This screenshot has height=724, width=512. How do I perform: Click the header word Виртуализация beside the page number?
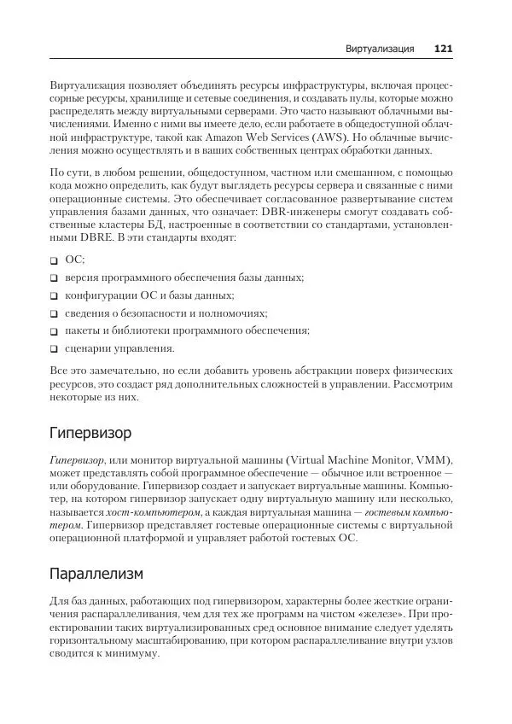[x=379, y=49]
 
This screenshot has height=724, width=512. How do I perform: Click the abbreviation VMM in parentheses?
[x=433, y=458]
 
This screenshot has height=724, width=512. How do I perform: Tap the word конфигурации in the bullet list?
[x=100, y=295]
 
